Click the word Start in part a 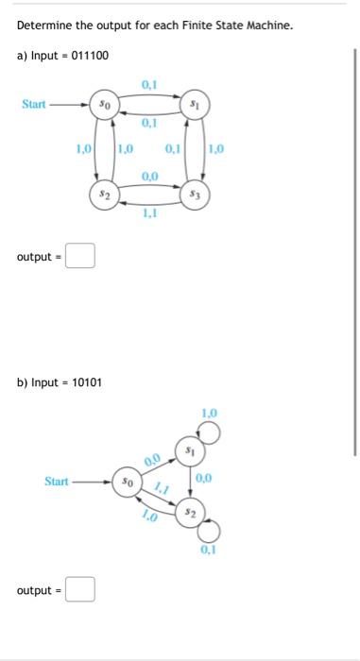(34, 104)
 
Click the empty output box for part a (80, 256)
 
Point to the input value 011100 (90, 56)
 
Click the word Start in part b (57, 483)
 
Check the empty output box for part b (80, 590)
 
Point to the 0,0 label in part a (150, 177)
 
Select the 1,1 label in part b (161, 492)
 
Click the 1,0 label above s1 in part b (209, 413)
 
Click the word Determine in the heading (45, 25)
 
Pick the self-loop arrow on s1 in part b (211, 433)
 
